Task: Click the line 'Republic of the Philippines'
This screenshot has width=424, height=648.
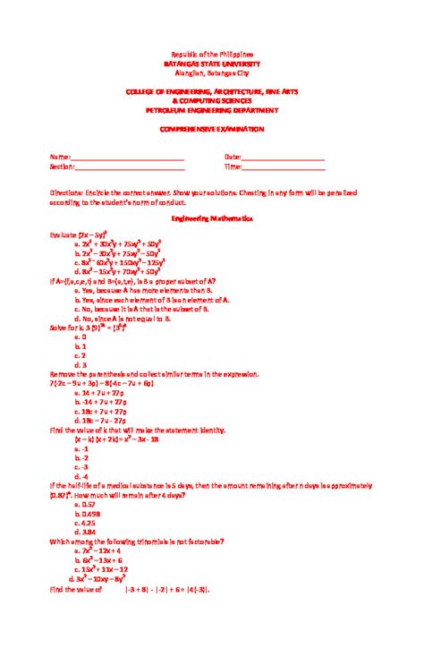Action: tap(212, 55)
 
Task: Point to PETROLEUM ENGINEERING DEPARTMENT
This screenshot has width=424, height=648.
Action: tap(212, 110)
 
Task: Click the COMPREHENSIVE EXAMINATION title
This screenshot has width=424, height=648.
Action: tap(212, 129)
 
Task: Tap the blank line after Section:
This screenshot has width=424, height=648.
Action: tap(130, 167)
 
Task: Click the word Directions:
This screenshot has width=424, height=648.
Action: tap(68, 192)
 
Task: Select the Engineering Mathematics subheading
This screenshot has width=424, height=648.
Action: tap(212, 217)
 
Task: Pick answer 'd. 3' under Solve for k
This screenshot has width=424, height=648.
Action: tap(81, 364)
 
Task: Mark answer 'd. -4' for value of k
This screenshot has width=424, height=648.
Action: tap(81, 476)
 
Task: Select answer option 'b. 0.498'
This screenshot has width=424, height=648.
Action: tap(87, 514)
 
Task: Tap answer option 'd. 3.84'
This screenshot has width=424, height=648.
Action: tap(85, 532)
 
